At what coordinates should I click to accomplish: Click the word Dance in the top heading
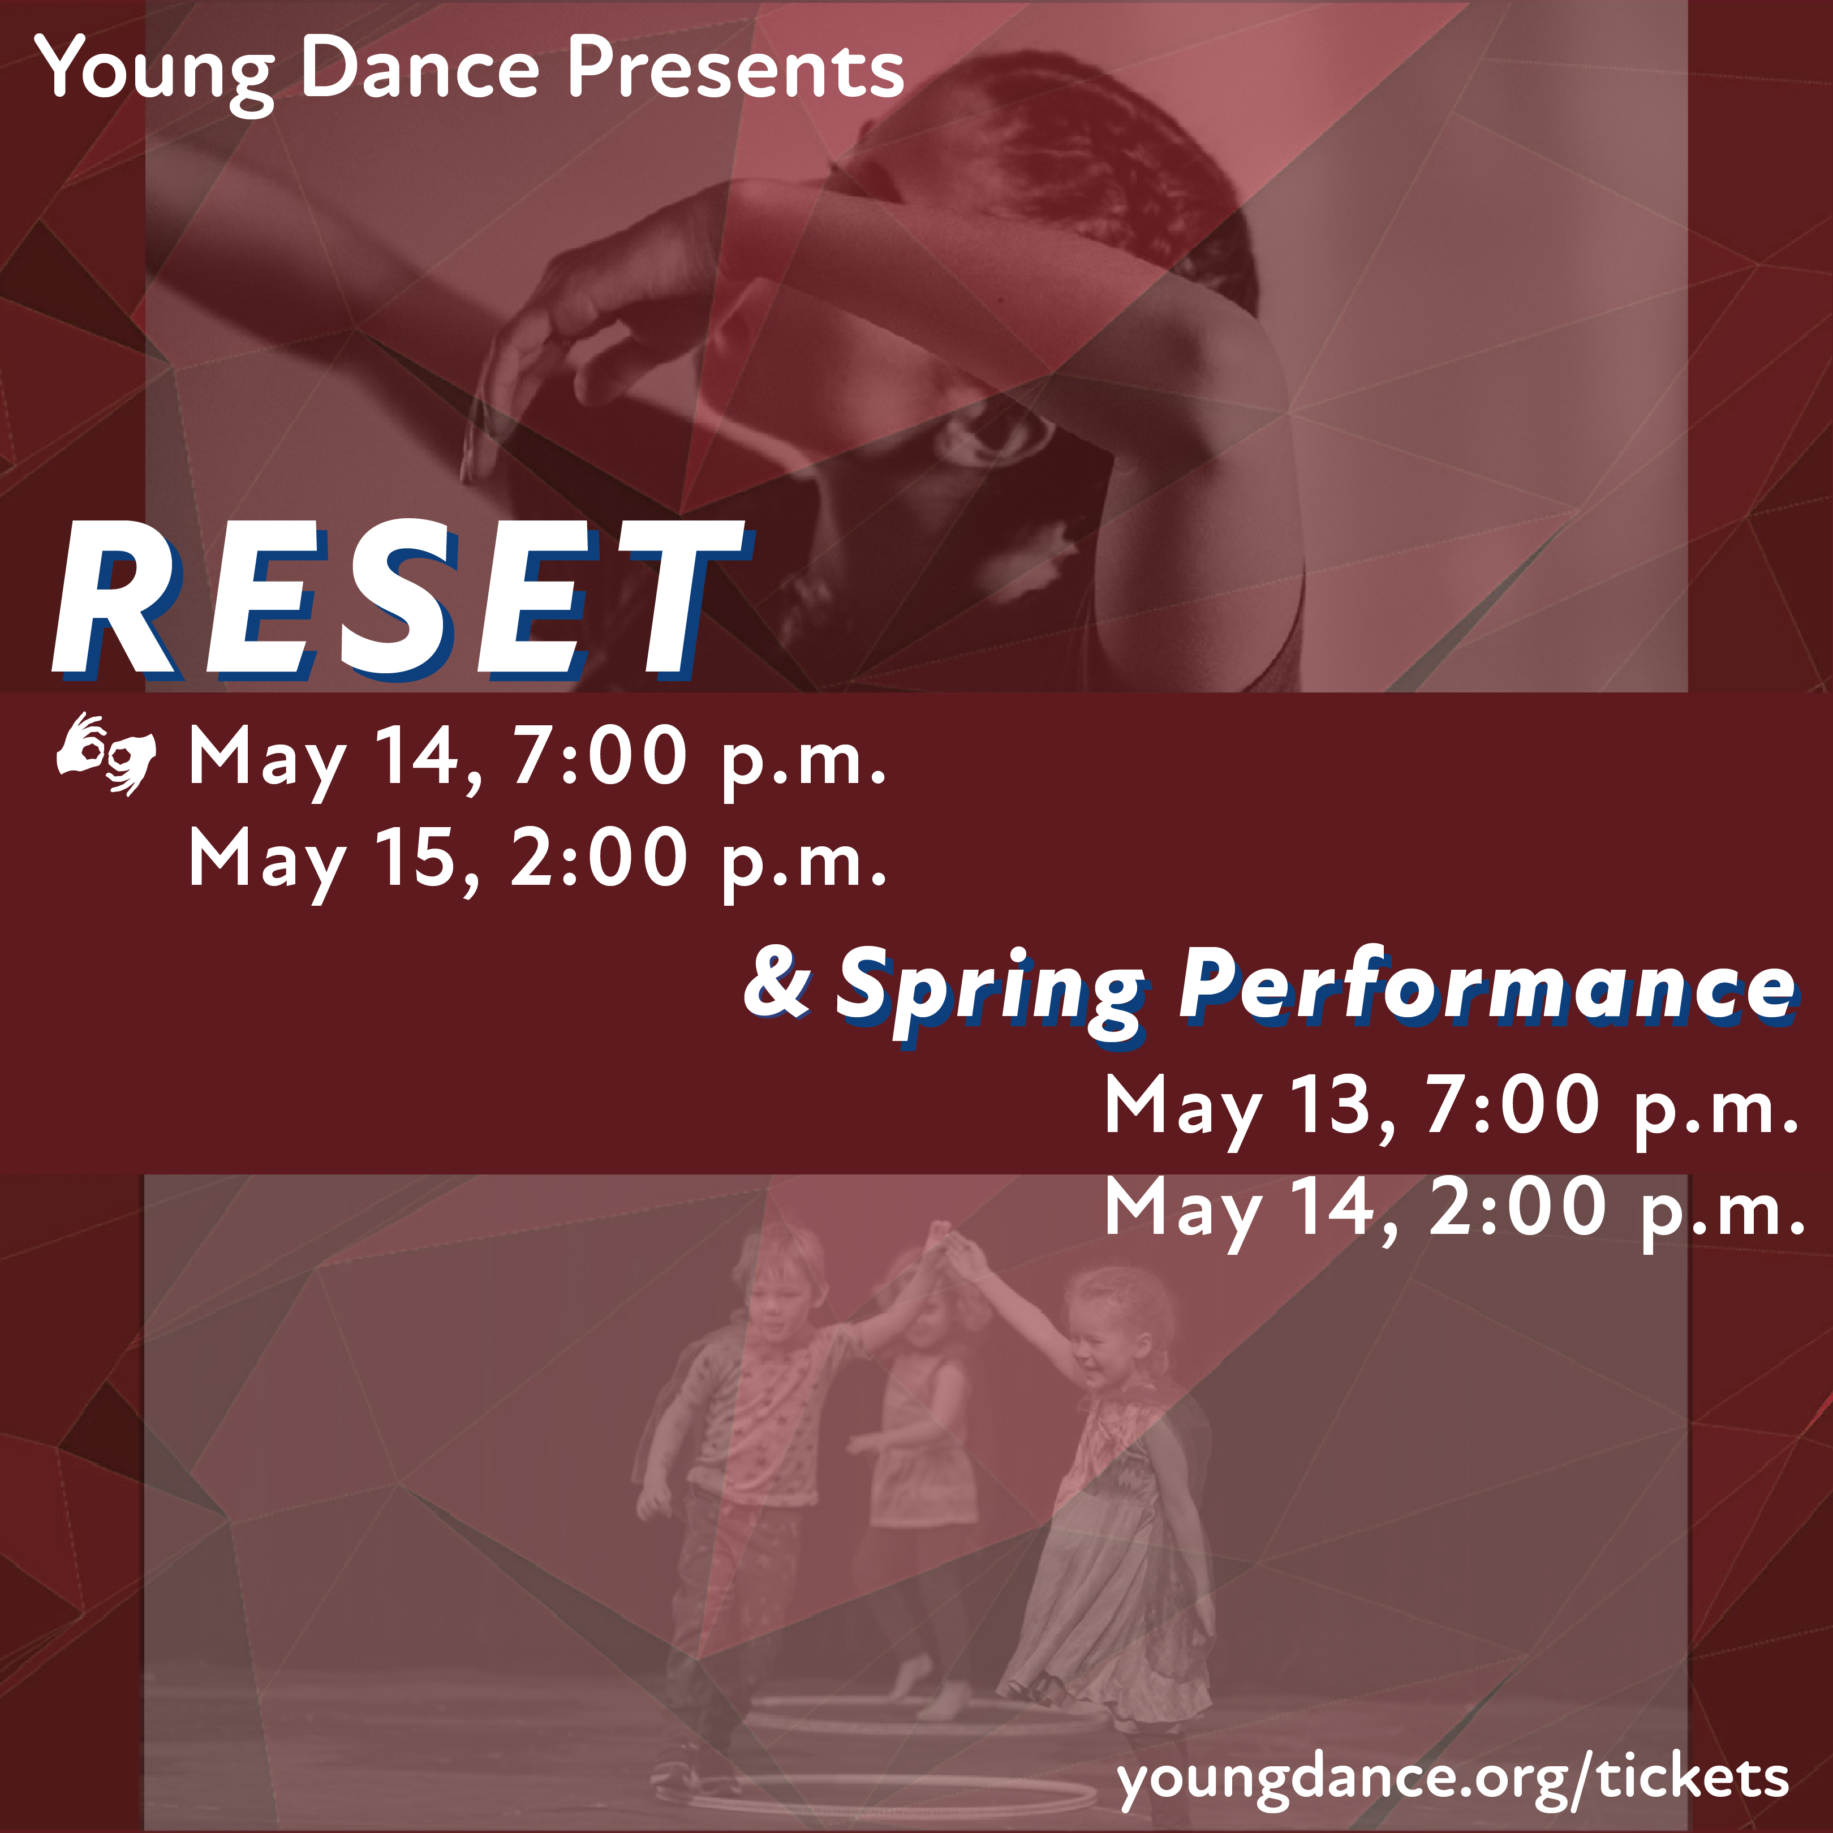click(x=420, y=68)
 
